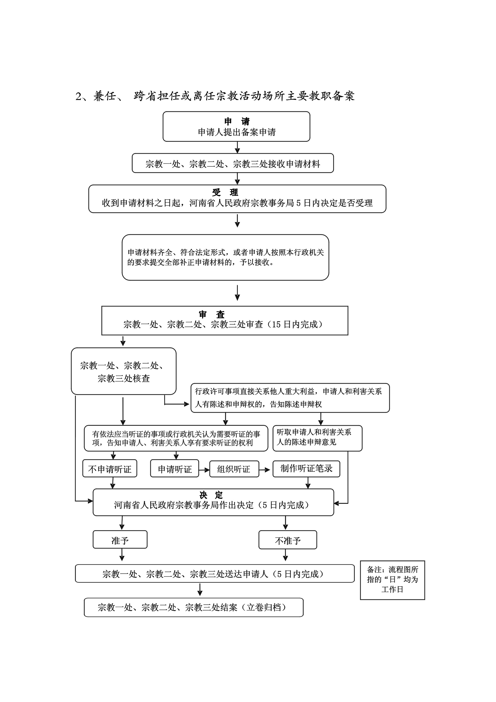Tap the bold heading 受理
click(225, 192)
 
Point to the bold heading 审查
click(212, 314)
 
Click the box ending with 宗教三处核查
click(124, 371)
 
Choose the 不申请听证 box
click(110, 468)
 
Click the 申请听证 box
click(175, 468)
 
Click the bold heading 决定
click(211, 495)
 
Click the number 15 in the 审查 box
click(276, 324)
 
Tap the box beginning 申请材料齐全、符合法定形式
click(225, 257)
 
